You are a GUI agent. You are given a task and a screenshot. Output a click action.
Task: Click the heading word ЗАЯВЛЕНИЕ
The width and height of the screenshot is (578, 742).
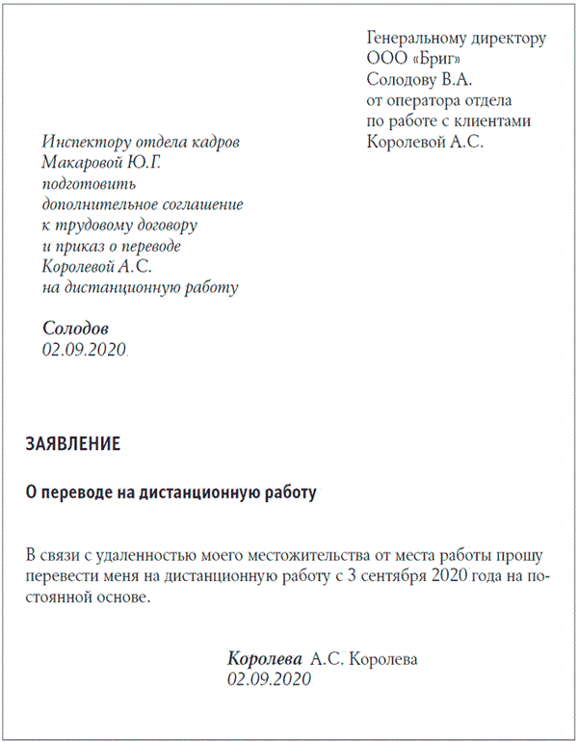(72, 444)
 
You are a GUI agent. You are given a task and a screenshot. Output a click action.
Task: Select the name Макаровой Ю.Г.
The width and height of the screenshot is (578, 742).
(102, 163)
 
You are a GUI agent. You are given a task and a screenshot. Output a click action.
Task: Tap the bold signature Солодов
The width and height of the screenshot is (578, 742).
(76, 329)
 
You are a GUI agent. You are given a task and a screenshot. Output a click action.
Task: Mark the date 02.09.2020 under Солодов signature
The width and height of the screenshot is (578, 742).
(85, 350)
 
